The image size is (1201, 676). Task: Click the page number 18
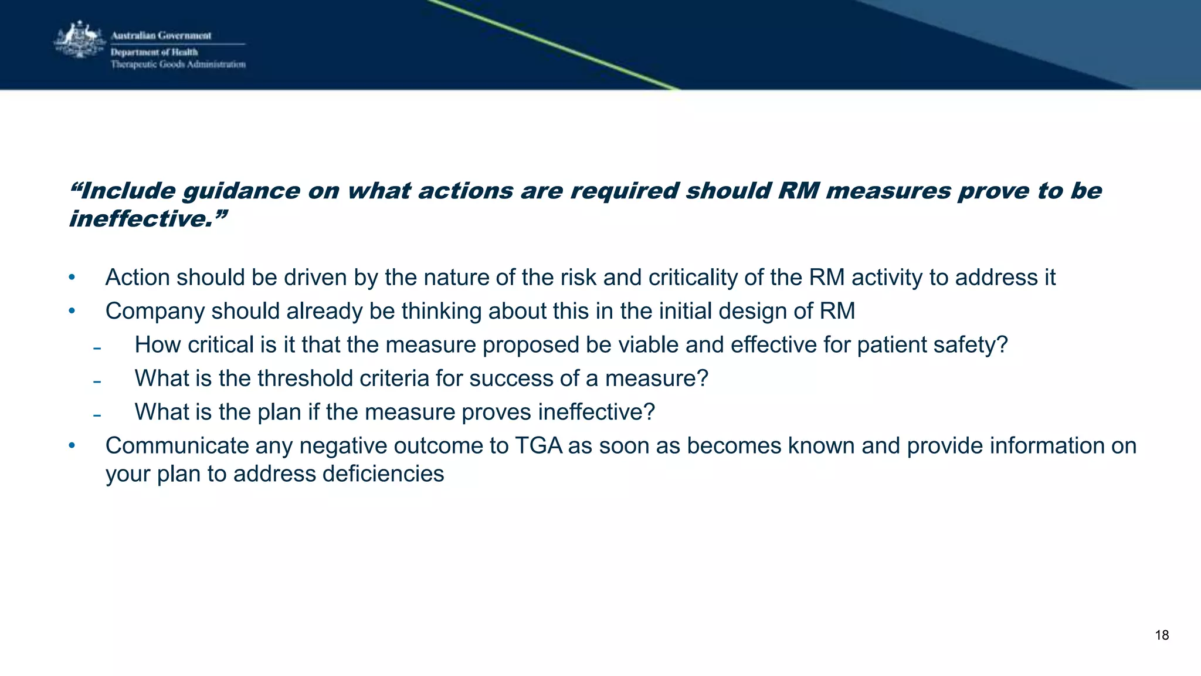1162,635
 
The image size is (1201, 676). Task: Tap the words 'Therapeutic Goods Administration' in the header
178,65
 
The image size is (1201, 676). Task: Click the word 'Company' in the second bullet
155,312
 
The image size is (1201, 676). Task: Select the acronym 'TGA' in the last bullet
538,446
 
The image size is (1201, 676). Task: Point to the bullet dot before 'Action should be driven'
72,277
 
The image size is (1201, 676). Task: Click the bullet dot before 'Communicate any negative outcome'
72,445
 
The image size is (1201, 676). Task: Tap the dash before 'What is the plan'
97,415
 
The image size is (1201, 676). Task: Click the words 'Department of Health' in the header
154,52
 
